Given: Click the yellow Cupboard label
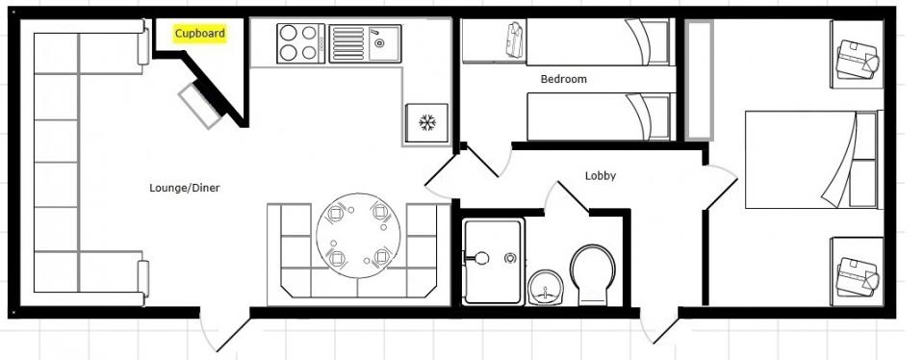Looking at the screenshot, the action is click(x=200, y=34).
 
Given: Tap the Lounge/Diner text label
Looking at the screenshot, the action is click(x=185, y=188).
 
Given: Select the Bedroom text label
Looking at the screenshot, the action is click(x=563, y=79).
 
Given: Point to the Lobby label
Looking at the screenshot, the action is click(x=600, y=175).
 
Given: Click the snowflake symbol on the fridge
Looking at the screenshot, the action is click(x=426, y=122).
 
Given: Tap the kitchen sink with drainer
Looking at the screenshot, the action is click(x=365, y=43).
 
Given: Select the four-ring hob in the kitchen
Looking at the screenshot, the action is click(x=300, y=43).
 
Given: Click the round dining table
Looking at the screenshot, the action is click(x=358, y=235).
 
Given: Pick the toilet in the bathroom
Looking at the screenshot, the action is click(x=592, y=274).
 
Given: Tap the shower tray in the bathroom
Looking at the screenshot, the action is click(x=493, y=261).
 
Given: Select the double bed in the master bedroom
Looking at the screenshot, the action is click(x=811, y=159).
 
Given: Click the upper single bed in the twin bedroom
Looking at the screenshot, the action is click(x=598, y=41).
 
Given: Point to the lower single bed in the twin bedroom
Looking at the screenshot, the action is click(x=599, y=116).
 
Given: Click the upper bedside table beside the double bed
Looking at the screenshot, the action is click(x=857, y=54).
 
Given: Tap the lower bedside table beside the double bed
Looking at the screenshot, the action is click(x=857, y=271).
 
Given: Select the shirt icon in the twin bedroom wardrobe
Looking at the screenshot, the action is click(x=514, y=39).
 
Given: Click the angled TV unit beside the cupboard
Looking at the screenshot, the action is click(x=200, y=106).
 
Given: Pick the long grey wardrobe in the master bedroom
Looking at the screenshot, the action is click(x=699, y=80).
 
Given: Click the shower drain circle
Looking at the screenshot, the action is click(x=510, y=258).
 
